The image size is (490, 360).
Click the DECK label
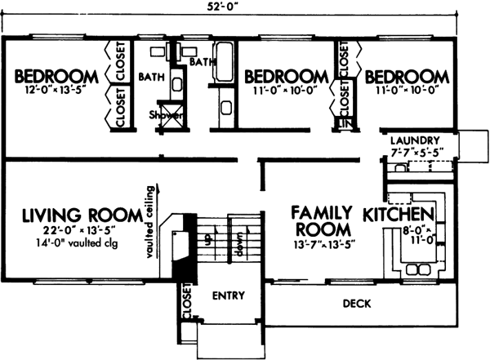[358, 304]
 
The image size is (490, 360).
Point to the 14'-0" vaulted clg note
[72, 243]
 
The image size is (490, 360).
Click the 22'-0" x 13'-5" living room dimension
[72, 231]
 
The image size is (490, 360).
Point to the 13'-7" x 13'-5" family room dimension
[323, 242]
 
